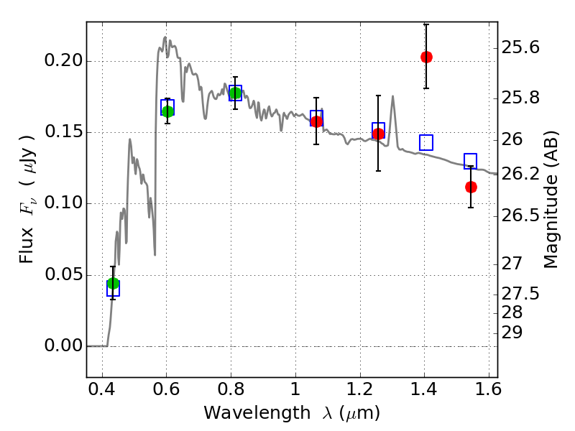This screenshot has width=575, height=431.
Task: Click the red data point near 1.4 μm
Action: point(426,57)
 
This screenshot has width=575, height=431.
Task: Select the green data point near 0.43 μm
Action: point(113,283)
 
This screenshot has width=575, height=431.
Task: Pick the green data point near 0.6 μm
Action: point(167,111)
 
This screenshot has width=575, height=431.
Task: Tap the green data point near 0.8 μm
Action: point(235,93)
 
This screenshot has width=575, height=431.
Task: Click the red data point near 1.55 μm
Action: point(471,187)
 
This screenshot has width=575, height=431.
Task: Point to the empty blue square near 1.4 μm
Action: point(426,142)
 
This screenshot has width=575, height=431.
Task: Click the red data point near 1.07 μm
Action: point(316,121)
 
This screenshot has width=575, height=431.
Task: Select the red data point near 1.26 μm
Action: point(378,134)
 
